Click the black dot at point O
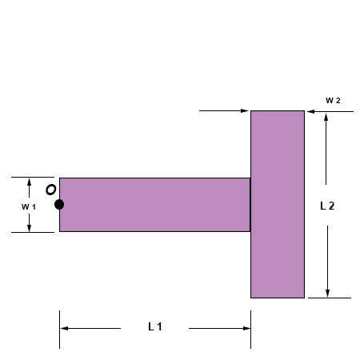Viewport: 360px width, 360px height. tap(59, 205)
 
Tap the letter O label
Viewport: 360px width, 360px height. tap(50, 190)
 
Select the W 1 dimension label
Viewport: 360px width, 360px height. tap(28, 206)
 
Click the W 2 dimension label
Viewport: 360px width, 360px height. tap(333, 100)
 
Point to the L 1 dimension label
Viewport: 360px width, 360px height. tap(155, 327)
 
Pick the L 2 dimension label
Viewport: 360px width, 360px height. tap(326, 206)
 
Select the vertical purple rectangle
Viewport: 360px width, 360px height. tap(278, 204)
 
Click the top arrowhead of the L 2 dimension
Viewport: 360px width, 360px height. tap(326, 117)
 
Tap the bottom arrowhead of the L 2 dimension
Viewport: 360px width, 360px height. tap(326, 292)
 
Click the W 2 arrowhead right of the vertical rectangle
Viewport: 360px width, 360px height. tap(310, 111)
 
